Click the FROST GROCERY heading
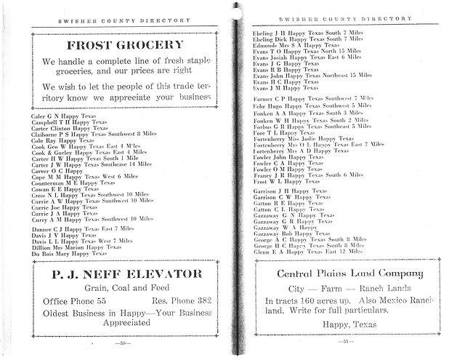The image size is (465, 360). click(x=124, y=45)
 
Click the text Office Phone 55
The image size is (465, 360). click(x=75, y=300)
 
